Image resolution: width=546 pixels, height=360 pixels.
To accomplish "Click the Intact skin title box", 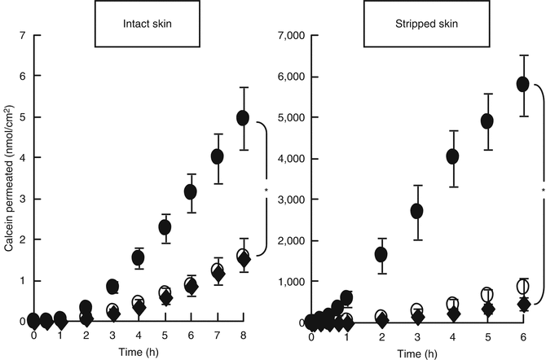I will (148, 23).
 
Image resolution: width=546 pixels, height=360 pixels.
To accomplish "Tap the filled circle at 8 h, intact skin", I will (243, 118).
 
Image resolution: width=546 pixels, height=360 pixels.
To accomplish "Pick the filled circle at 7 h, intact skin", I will (218, 156).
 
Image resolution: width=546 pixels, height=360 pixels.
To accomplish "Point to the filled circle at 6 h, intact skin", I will (191, 192).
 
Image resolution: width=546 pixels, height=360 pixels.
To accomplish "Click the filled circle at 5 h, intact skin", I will (165, 226).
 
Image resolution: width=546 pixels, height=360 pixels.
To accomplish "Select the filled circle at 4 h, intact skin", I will (138, 258).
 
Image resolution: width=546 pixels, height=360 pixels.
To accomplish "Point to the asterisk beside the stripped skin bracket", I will (542, 191).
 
